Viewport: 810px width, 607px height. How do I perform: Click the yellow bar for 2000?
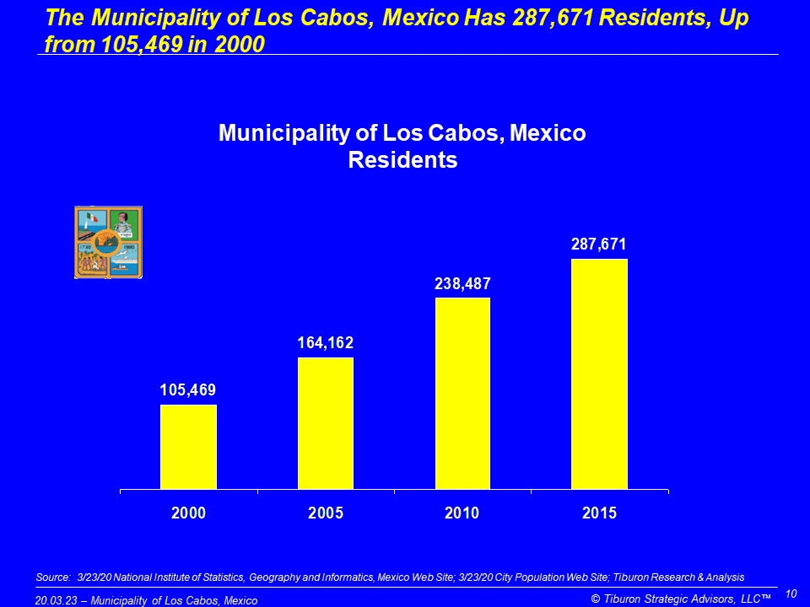click(x=188, y=447)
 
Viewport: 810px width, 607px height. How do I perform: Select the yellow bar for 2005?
click(x=326, y=423)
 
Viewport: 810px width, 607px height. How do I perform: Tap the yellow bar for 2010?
click(x=462, y=393)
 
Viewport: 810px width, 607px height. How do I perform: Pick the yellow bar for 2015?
click(x=599, y=373)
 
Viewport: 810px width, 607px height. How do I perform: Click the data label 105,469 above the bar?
click(x=188, y=390)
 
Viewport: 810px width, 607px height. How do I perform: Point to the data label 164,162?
click(x=326, y=343)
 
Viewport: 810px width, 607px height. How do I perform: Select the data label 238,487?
click(x=462, y=284)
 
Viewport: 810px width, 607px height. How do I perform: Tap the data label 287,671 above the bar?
click(x=599, y=244)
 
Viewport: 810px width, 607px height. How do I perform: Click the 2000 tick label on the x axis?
click(x=188, y=513)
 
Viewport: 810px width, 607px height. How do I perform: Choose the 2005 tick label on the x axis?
click(x=326, y=513)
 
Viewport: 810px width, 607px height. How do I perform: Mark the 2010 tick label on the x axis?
click(x=462, y=513)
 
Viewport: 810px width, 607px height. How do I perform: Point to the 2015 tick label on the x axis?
click(x=599, y=513)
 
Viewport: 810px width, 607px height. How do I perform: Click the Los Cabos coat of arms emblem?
click(x=108, y=242)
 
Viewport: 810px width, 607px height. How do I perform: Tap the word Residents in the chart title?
click(x=402, y=160)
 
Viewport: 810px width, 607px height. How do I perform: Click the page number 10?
click(x=791, y=594)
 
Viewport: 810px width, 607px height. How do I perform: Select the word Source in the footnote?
click(x=52, y=577)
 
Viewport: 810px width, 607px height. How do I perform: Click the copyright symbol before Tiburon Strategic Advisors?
click(x=596, y=599)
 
